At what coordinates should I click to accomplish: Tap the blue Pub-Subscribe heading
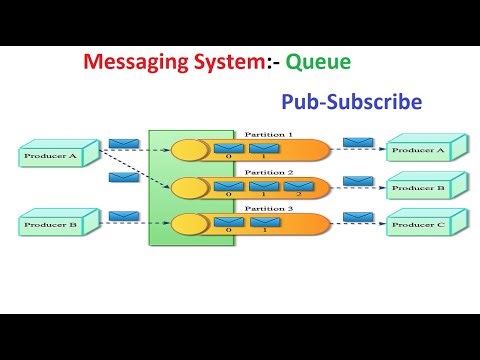pos(351,101)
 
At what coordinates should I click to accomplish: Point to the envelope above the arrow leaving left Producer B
pos(122,215)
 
